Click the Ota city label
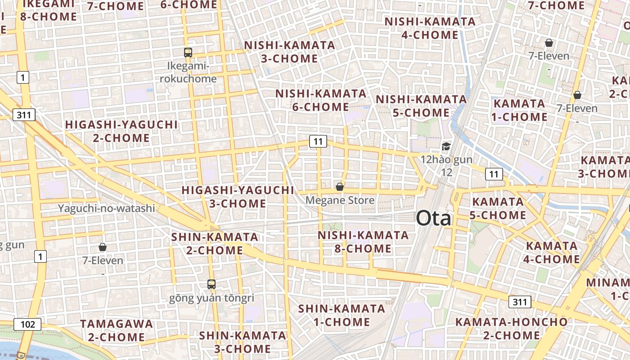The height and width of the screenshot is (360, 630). [433, 219]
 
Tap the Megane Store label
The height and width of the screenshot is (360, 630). [340, 200]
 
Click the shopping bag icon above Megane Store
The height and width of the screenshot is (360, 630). [340, 187]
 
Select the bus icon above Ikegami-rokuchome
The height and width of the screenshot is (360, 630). [188, 53]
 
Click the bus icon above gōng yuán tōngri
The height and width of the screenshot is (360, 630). [211, 284]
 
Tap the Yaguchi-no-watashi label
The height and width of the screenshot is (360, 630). [106, 208]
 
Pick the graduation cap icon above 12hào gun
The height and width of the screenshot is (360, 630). [446, 146]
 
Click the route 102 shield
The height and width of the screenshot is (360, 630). [27, 324]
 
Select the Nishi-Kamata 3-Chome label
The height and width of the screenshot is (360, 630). [289, 52]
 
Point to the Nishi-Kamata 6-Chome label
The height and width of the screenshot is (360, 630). [321, 100]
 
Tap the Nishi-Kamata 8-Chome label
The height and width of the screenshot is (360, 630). [363, 242]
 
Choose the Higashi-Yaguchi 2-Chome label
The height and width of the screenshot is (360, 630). [121, 131]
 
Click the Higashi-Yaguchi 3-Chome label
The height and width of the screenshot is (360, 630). [238, 197]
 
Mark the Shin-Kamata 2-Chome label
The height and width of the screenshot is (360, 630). [215, 243]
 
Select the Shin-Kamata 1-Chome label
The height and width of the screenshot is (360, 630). [342, 315]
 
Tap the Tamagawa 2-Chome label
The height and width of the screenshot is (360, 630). [117, 330]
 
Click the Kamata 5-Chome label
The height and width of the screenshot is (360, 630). [498, 208]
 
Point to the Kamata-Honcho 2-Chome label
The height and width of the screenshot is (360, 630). [512, 328]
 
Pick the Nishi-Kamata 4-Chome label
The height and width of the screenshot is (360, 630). [430, 28]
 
